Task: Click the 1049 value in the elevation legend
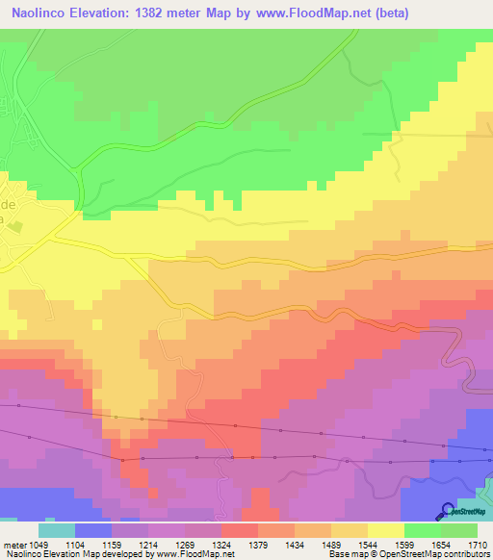coord(39,546)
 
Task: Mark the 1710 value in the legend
coord(478,546)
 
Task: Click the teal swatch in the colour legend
coord(57,530)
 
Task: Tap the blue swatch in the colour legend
coord(93,530)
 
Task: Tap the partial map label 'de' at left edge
coord(7,207)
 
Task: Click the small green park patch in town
coord(43,224)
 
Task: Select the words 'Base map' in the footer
coord(346,555)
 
